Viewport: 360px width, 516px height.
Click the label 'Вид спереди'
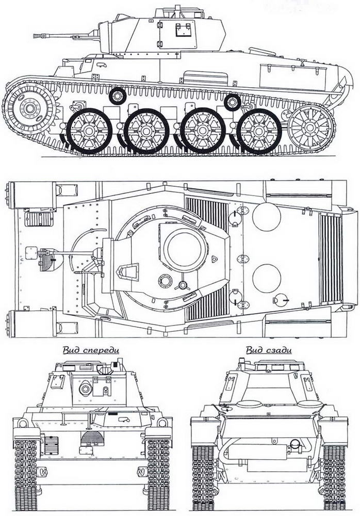(91, 350)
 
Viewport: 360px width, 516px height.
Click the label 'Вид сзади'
(268, 350)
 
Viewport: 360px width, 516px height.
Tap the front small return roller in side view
(118, 96)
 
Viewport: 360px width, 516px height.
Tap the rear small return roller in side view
(232, 102)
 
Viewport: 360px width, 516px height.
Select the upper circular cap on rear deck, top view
(267, 217)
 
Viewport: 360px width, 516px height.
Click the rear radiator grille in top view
(331, 259)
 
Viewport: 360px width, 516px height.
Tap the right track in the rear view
(334, 475)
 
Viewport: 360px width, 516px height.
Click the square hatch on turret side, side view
(182, 30)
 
